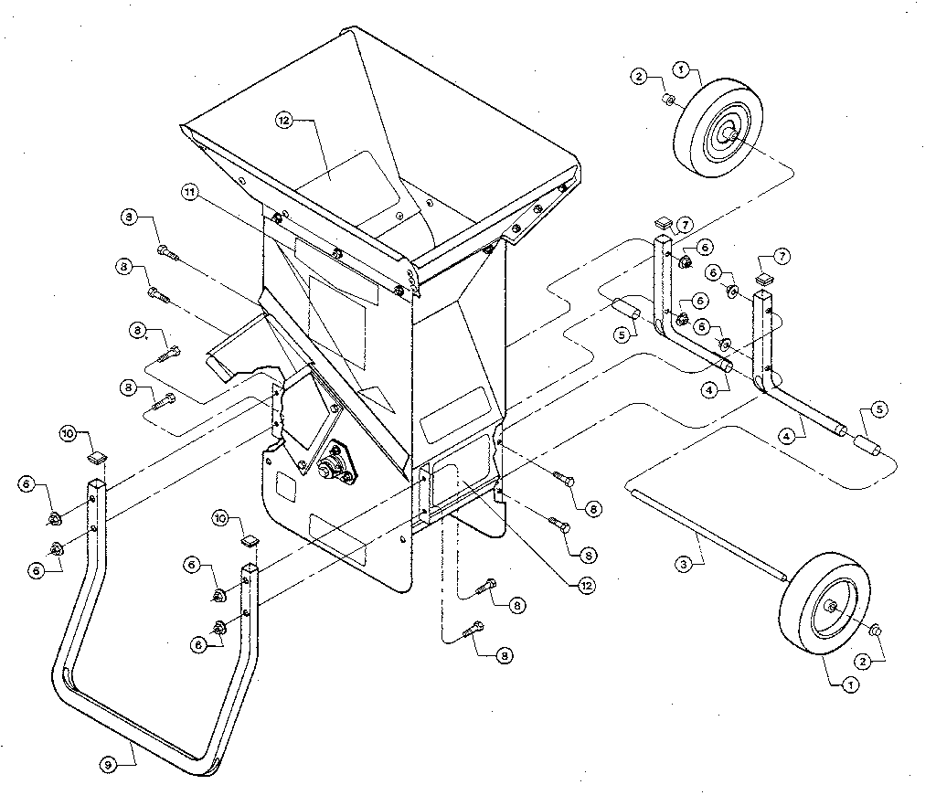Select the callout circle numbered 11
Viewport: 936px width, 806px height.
pyautogui.click(x=190, y=193)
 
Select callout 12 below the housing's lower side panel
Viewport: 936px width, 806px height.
pyautogui.click(x=574, y=585)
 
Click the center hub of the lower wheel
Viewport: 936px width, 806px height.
pyautogui.click(x=835, y=607)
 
